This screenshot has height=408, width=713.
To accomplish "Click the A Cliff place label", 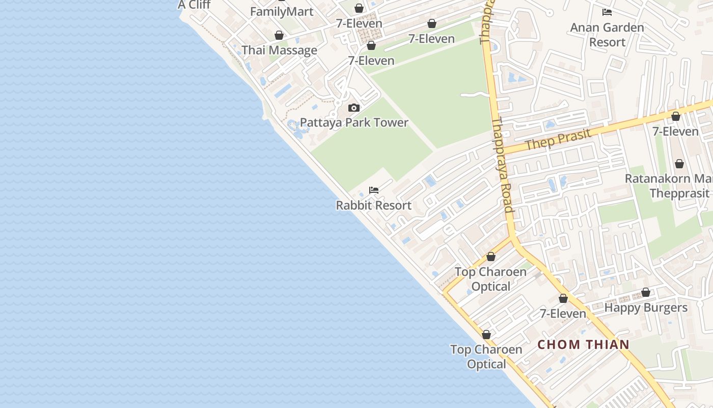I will (194, 5).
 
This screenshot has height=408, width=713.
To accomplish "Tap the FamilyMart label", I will (282, 12).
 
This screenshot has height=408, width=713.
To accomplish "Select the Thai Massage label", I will (279, 50).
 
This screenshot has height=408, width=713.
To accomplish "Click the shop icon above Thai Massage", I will (279, 35).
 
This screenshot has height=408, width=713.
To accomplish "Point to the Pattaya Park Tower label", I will (354, 123).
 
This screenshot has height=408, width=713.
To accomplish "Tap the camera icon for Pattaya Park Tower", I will (354, 108).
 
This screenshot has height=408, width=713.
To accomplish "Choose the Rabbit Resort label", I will (373, 206).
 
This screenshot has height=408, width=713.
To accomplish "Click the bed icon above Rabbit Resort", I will (374, 190).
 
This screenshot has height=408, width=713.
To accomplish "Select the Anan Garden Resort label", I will (607, 35).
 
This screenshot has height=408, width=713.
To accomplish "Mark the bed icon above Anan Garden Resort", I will (607, 12).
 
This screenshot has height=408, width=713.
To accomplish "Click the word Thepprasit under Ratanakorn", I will (679, 193).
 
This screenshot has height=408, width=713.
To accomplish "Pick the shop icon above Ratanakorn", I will (679, 164).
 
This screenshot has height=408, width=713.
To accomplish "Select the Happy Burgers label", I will (646, 308).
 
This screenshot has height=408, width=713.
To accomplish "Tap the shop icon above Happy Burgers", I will (646, 293).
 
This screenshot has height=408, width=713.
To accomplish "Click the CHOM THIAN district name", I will (584, 345).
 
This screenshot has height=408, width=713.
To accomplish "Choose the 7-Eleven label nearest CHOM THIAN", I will (563, 314).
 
